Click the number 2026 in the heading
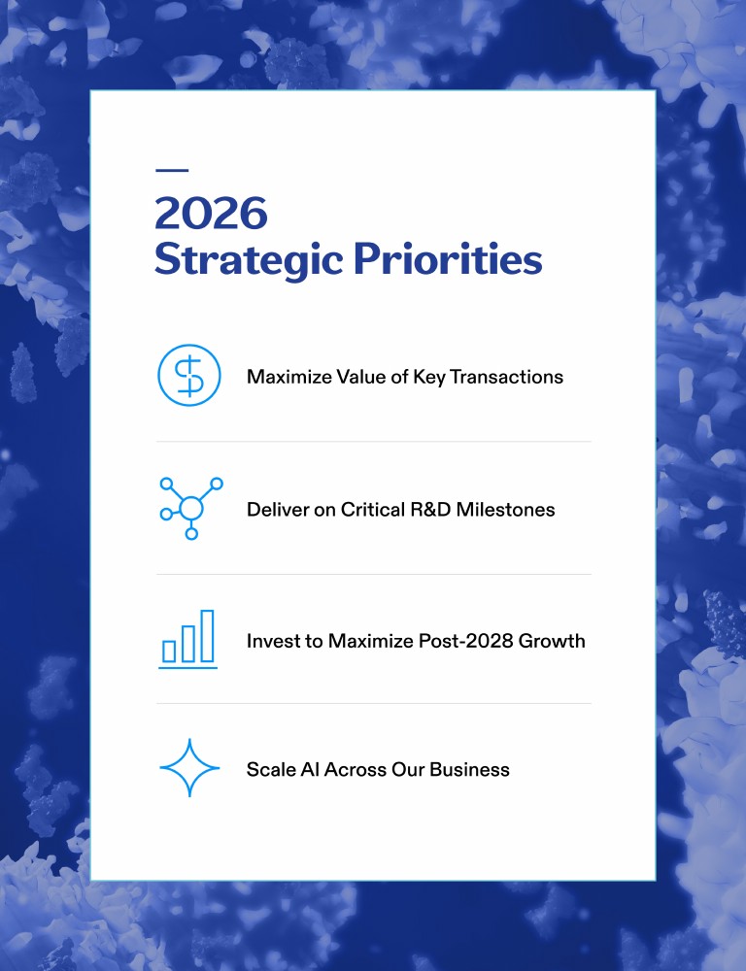click(211, 213)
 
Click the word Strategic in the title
click(249, 259)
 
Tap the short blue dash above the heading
click(172, 170)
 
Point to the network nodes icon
click(190, 508)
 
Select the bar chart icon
click(188, 640)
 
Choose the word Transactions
click(506, 377)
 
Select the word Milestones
click(506, 510)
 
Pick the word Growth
click(552, 640)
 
